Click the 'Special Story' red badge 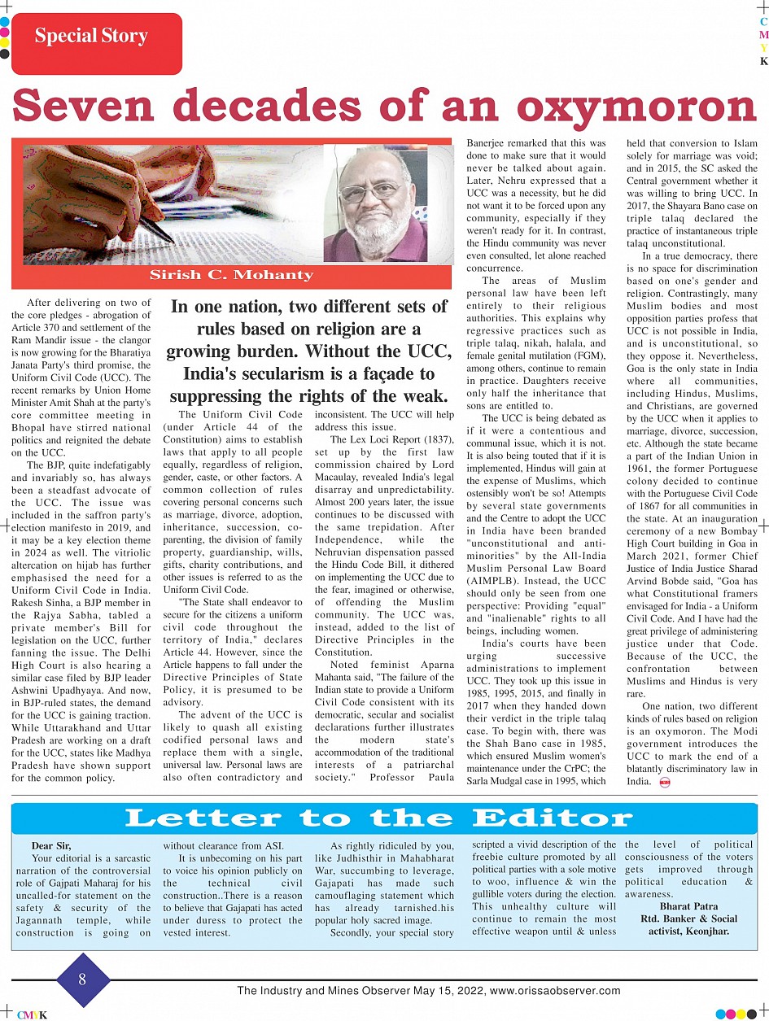[91, 37]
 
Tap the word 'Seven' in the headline [89, 106]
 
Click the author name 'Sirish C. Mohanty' [231, 275]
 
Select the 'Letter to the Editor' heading [378, 818]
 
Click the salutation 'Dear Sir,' [51, 846]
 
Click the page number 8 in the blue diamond [82, 980]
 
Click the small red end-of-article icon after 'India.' [665, 782]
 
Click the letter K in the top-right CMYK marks [763, 61]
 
